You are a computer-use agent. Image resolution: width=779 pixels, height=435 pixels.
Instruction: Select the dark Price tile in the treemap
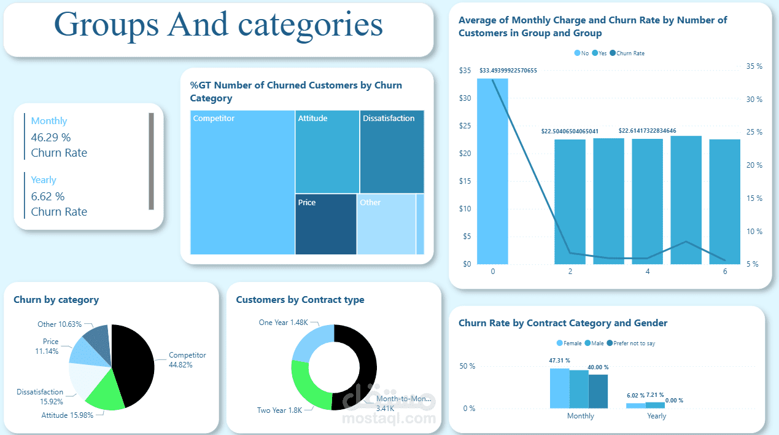pos(325,224)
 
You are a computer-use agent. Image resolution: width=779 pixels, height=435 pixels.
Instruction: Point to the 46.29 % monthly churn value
pos(51,137)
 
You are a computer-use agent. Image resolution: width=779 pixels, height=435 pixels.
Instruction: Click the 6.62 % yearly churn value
pos(48,196)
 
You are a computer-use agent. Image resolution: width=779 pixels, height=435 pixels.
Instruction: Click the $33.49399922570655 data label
pos(508,71)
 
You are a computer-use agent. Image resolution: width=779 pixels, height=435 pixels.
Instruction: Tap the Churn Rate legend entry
pos(630,53)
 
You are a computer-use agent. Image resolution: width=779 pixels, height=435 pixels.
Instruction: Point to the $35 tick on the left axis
pos(465,71)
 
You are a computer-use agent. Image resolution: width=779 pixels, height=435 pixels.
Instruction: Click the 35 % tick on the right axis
pos(754,66)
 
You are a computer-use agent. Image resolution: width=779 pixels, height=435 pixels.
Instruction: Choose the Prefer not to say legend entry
pos(633,343)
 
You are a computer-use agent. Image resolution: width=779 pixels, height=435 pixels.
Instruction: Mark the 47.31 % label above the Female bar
pos(559,361)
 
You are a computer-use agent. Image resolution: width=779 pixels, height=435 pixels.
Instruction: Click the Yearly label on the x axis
pos(656,416)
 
